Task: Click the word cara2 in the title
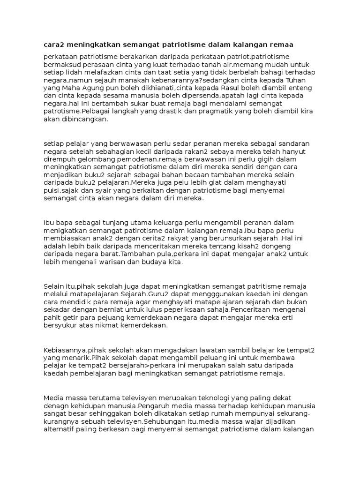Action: pos(54,45)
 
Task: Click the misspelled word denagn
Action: pos(56,405)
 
